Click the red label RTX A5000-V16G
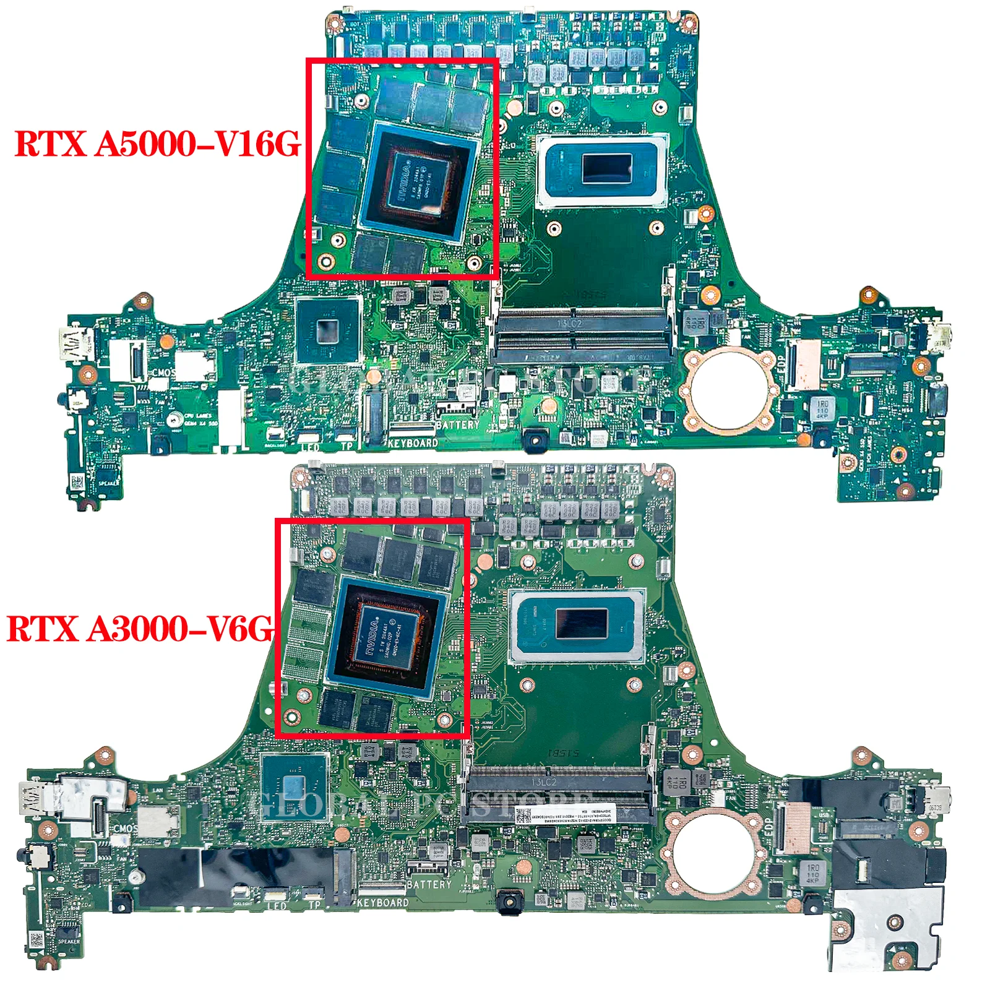157,144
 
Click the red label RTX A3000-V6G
139,629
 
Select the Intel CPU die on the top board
606,168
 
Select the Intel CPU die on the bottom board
581,623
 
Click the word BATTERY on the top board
457,425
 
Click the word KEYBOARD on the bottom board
383,903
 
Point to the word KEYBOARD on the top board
413,443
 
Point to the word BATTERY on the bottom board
429,885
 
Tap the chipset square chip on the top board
328,331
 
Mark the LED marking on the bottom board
276,906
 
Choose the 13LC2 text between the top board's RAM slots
570,324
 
